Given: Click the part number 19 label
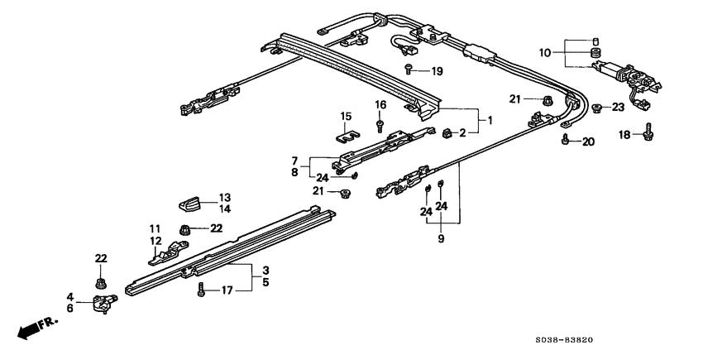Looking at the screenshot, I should click(437, 71).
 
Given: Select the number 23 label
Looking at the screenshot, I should click(618, 107).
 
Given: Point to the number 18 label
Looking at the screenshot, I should click(626, 134).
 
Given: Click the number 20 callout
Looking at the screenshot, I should click(588, 142).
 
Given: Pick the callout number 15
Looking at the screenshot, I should click(346, 115).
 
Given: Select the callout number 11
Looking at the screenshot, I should click(154, 228).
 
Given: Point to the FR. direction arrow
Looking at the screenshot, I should click(32, 329).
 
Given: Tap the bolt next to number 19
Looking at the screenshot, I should click(409, 69).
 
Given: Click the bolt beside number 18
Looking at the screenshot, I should click(648, 132).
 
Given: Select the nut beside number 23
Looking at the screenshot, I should click(597, 108).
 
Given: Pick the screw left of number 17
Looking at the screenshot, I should click(200, 290).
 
